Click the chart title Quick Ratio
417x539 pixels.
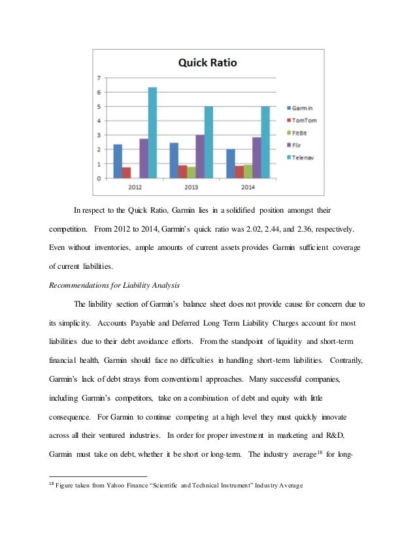pyautogui.click(x=207, y=63)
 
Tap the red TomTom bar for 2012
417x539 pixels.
pyautogui.click(x=126, y=172)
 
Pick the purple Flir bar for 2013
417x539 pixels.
pyautogui.click(x=200, y=157)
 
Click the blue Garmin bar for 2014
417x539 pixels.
pyautogui.click(x=231, y=163)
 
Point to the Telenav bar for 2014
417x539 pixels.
pyautogui.click(x=265, y=142)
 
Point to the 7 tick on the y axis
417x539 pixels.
pyautogui.click(x=99, y=78)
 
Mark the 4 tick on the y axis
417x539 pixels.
pyautogui.click(x=99, y=121)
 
